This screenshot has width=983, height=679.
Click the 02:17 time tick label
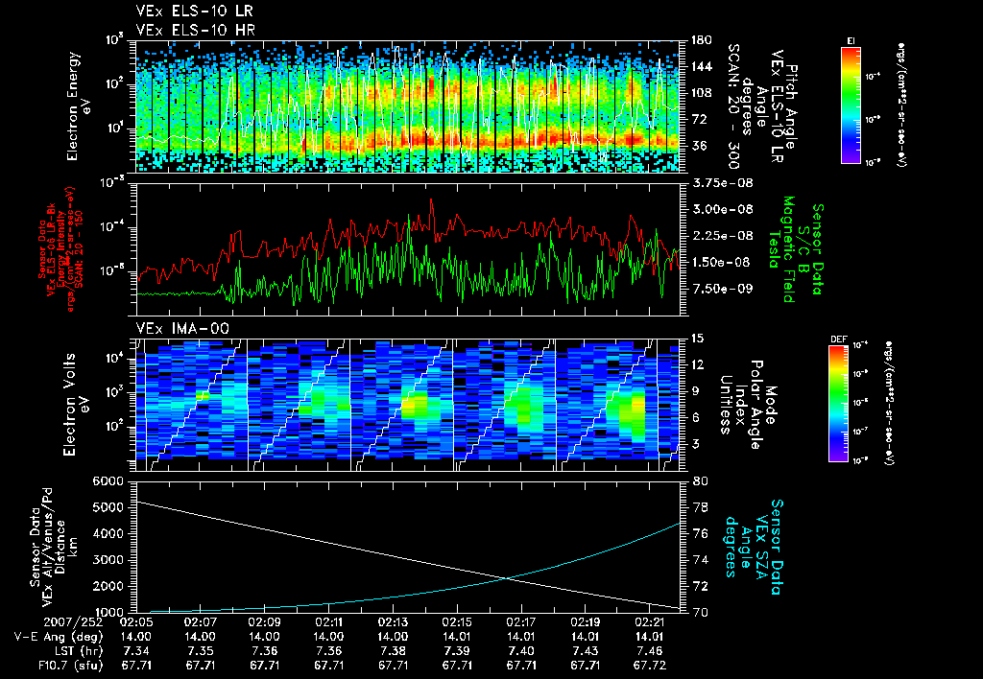tap(521, 622)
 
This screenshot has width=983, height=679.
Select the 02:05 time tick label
tap(137, 622)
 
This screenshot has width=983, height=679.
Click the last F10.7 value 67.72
tap(649, 664)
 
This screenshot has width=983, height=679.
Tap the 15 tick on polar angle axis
tap(698, 339)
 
